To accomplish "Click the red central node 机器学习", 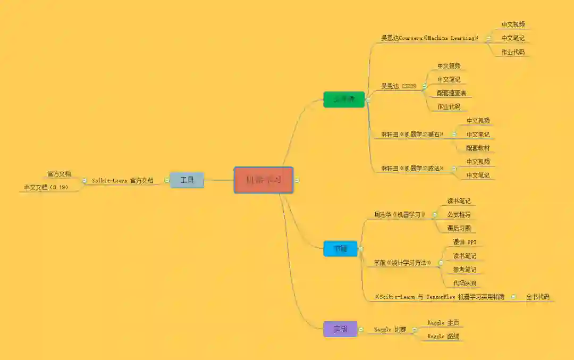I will tap(263, 180).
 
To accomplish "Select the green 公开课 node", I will tap(344, 99).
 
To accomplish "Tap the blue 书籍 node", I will tap(340, 248).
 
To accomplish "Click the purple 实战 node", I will tap(340, 329).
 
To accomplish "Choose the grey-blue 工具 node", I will tap(187, 180).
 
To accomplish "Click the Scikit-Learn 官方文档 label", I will tap(123, 181).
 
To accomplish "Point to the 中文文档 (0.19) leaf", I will tap(49, 187).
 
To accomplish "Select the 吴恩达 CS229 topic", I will tap(399, 86).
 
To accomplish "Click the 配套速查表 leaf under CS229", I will tap(451, 93).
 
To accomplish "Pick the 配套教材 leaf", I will tap(478, 148).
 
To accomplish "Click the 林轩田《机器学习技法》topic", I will tap(412, 169).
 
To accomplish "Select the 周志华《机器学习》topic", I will tap(400, 215).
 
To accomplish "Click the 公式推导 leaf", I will tap(459, 215).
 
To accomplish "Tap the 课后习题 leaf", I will tap(459, 229).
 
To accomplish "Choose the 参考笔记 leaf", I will tap(465, 270).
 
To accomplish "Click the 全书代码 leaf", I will tap(538, 297).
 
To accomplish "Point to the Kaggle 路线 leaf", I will tap(443, 337).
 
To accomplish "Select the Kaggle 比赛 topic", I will tap(390, 330).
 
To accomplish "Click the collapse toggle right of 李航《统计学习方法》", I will tap(441, 263).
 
